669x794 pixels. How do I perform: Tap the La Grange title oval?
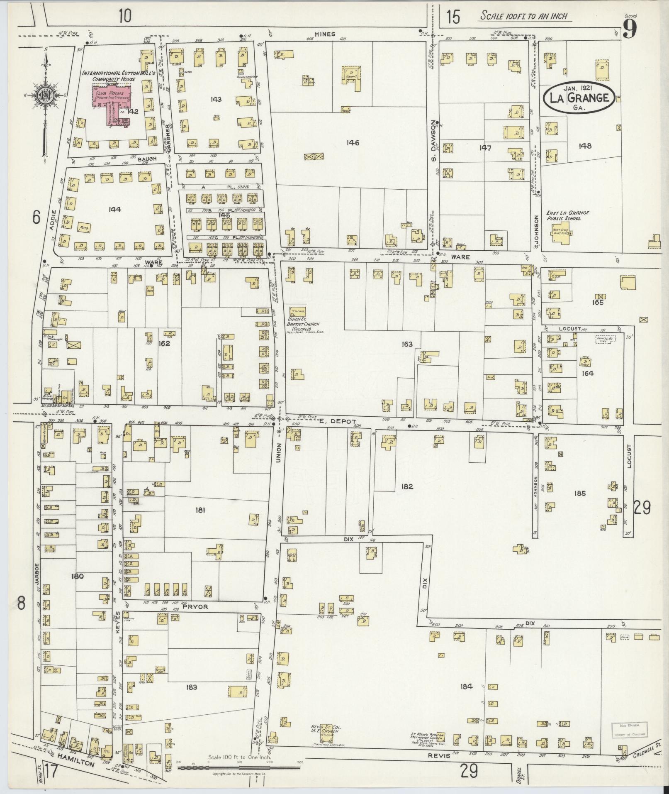580,98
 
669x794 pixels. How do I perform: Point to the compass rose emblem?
44,95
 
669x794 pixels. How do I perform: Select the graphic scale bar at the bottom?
239,768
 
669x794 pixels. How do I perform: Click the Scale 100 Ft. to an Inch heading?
523,17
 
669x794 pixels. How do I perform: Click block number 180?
78,576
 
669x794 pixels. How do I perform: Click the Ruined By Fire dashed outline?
606,339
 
